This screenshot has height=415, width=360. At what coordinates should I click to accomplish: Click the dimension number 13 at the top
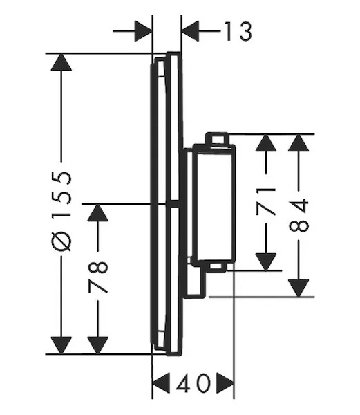pos(238,32)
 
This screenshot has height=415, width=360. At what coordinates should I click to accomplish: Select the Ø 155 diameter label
pos(62,211)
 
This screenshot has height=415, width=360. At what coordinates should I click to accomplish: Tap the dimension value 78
pos(98,277)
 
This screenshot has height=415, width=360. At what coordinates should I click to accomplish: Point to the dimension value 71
pos(266,201)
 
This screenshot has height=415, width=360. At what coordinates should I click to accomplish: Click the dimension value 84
pos(299,215)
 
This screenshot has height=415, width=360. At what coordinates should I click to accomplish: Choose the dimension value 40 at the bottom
pos(193,382)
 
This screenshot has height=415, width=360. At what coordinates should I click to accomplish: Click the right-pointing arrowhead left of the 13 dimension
pos(144,31)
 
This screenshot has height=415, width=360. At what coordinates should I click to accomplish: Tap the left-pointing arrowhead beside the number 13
pos(190,31)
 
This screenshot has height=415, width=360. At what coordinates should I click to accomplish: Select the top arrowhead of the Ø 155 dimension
pos(61,62)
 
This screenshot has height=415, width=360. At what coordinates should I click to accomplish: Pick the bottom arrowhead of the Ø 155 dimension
pos(61,345)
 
